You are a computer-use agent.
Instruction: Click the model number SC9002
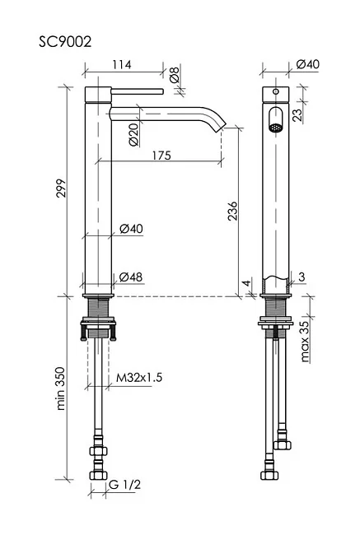click(x=65, y=42)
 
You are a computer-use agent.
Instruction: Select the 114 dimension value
click(x=122, y=64)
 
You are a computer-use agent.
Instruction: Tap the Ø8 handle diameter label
click(x=174, y=75)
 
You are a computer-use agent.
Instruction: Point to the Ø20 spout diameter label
click(x=134, y=135)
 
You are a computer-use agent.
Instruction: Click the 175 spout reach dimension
click(x=161, y=156)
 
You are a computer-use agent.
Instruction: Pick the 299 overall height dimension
click(x=61, y=188)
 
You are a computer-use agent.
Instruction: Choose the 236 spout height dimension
click(x=232, y=212)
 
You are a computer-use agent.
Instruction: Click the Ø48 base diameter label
click(x=131, y=277)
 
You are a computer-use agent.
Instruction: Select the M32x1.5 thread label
click(x=139, y=377)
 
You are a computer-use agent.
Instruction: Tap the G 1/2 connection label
click(x=124, y=484)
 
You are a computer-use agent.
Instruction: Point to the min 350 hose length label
click(x=60, y=388)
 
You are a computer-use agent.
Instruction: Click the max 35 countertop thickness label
click(x=305, y=342)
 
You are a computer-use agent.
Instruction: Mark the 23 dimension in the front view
click(x=298, y=114)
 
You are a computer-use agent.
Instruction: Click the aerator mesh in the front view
click(x=275, y=128)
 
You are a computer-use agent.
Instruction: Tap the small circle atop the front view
click(x=275, y=91)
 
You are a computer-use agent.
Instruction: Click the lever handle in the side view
click(x=138, y=91)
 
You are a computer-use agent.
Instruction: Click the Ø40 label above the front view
click(x=308, y=64)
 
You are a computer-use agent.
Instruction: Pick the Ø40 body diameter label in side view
click(x=131, y=228)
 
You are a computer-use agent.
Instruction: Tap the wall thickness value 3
click(x=302, y=277)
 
